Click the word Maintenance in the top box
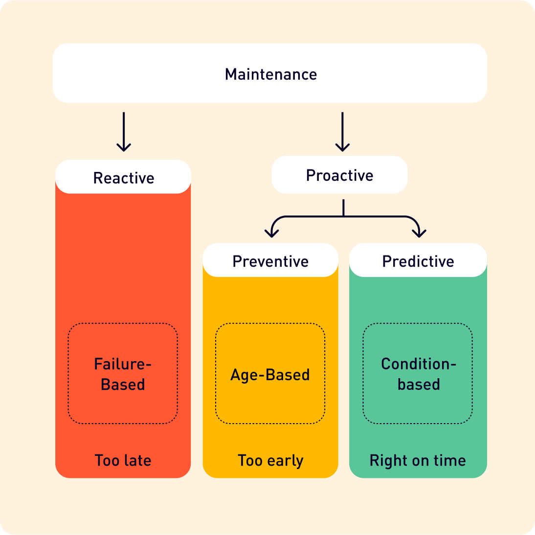pos(270,74)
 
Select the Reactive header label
pos(123,178)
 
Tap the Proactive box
pos(339,175)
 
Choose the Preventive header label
pos(270,261)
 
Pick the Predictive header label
pos(418,261)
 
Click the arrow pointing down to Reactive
pos(124,132)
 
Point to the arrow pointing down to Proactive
pos(342,132)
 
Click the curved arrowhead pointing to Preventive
pos(271,231)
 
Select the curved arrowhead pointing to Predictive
pos(419,231)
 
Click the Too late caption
pos(123,460)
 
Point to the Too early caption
pos(270,460)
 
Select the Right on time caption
pos(418,460)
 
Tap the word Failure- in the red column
pos(123,364)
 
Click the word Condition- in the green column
pos(418,364)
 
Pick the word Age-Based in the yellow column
pos(270,375)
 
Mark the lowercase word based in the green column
pos(419,385)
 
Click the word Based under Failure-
pos(123,385)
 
